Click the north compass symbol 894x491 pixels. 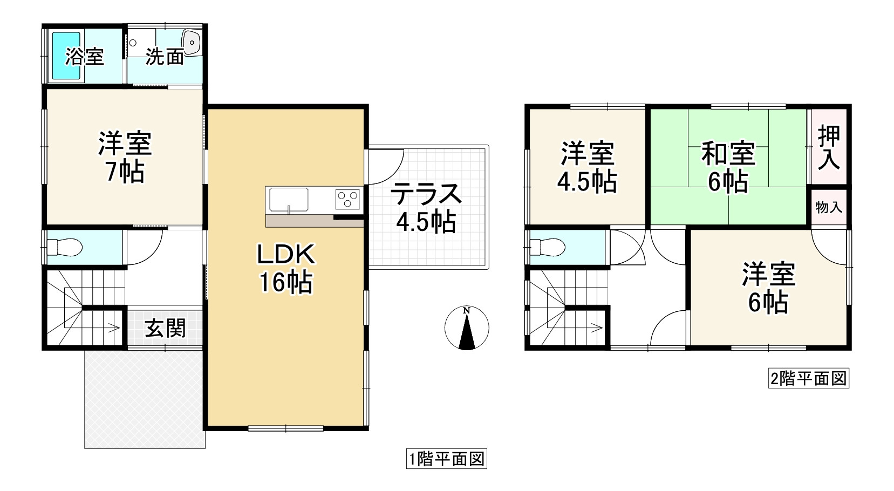467,328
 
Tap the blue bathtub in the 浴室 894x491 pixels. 65,56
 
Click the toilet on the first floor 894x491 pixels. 65,247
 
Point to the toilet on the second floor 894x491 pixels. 548,247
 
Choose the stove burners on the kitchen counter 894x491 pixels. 348,199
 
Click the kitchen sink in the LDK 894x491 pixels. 287,199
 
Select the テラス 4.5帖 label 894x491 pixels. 426,208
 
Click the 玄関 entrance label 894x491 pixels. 165,328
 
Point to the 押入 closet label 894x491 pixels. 829,147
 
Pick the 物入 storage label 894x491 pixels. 829,207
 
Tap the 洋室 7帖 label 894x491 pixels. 125,157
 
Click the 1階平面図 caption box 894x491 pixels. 447,459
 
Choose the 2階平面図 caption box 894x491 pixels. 809,378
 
